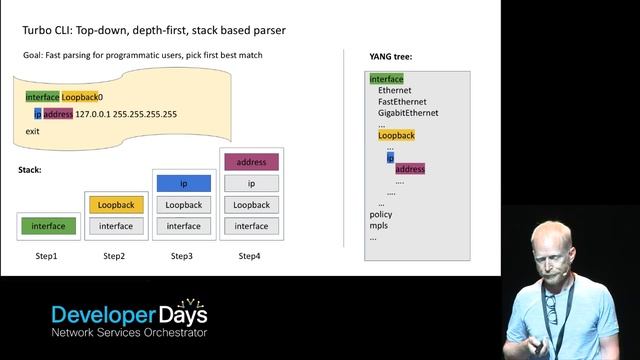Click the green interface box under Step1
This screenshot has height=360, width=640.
(x=48, y=226)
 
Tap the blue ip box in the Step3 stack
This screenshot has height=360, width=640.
(x=183, y=184)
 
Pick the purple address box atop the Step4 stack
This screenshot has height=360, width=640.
(x=251, y=162)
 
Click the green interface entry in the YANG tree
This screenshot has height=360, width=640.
(x=386, y=79)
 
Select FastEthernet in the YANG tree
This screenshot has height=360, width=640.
(x=403, y=102)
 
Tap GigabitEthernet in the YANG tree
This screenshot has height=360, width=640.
(x=408, y=113)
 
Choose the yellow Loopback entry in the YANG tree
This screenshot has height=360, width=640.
(x=396, y=135)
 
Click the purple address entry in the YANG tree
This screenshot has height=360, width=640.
(x=410, y=169)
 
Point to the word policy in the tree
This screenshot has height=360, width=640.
(x=381, y=214)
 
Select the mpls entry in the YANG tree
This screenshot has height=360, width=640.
(x=379, y=226)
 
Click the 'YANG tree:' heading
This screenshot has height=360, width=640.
(x=391, y=57)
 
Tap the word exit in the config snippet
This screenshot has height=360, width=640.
(x=33, y=131)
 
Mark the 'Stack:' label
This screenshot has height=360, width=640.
(x=30, y=170)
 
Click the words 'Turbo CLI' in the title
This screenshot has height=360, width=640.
(x=46, y=31)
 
